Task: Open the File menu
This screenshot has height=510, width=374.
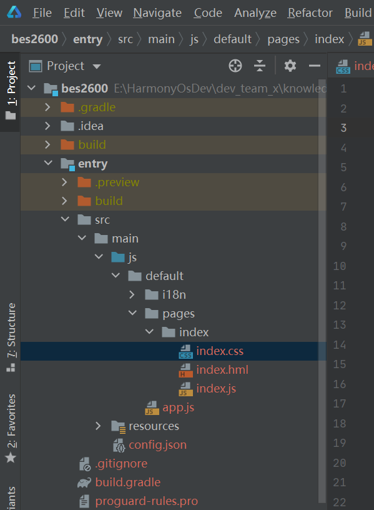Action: pos(42,13)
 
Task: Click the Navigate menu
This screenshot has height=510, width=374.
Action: pos(157,13)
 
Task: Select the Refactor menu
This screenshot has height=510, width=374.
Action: pos(310,13)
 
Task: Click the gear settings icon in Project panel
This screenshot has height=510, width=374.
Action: pos(290,66)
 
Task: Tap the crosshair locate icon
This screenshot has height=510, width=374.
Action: pos(235,66)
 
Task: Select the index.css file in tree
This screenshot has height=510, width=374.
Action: pos(220,351)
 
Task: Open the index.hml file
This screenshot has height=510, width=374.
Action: pos(222,370)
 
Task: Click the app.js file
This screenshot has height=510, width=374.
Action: pos(178,407)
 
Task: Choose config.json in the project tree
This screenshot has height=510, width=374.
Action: pos(157,445)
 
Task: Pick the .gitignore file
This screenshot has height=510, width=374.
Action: pos(121,464)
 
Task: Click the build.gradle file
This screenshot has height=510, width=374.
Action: pos(128,482)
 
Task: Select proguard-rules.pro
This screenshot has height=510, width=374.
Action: pos(147,501)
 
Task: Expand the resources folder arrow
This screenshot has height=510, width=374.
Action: pos(98,426)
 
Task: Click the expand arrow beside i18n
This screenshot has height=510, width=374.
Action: pos(132,294)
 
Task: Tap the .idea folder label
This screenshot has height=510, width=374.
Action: pos(91,126)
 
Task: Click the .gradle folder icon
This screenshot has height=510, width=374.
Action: pos(67,107)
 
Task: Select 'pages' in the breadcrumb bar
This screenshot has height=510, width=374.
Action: pos(283,39)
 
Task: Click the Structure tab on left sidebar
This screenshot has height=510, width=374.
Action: pos(11,330)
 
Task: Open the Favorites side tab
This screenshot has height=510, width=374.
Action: pos(11,421)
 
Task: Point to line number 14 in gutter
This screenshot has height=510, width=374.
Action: pos(340,345)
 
